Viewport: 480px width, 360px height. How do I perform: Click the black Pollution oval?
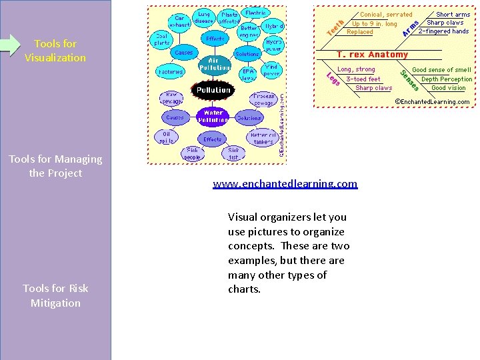pyautogui.click(x=213, y=89)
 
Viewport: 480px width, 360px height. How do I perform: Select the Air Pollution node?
pyautogui.click(x=213, y=65)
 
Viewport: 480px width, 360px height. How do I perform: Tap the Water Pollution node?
pyautogui.click(x=213, y=116)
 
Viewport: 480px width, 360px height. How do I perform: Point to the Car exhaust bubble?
pyautogui.click(x=179, y=21)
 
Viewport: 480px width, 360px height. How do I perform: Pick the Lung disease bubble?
pyautogui.click(x=203, y=17)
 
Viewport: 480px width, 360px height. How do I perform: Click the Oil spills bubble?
pyautogui.click(x=166, y=137)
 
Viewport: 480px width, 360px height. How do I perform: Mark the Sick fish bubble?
pyautogui.click(x=233, y=153)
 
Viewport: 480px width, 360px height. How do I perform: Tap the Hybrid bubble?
pyautogui.click(x=273, y=25)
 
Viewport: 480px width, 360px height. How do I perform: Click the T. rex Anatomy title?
pyautogui.click(x=372, y=54)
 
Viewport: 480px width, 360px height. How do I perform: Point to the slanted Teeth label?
pyautogui.click(x=335, y=27)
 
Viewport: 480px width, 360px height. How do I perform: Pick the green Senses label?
pyautogui.click(x=409, y=79)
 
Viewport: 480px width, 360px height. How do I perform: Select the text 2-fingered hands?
pyautogui.click(x=443, y=31)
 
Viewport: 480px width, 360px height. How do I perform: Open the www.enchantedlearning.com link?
pyautogui.click(x=285, y=183)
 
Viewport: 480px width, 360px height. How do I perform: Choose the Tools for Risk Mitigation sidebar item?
pyautogui.click(x=55, y=295)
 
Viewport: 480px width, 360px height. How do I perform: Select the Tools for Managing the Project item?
pyautogui.click(x=55, y=166)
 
